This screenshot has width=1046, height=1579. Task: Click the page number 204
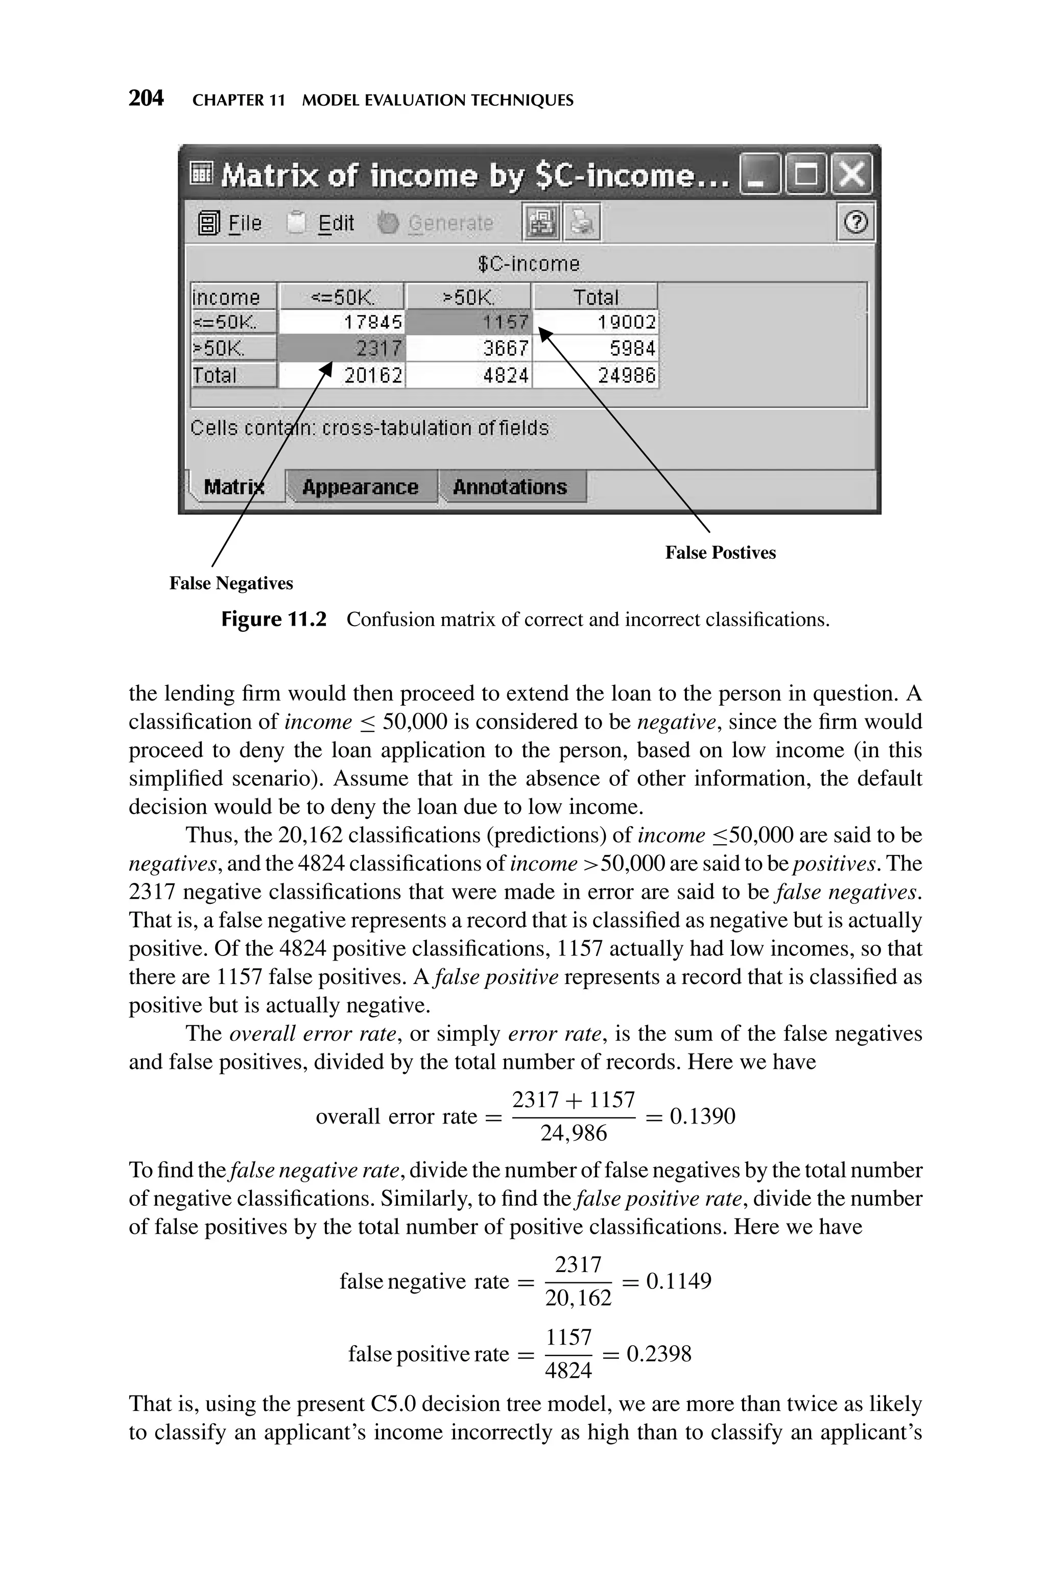click(x=146, y=99)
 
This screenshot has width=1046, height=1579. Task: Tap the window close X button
click(x=853, y=175)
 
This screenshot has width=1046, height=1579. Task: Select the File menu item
click(x=230, y=223)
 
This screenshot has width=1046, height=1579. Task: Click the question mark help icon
click(x=856, y=223)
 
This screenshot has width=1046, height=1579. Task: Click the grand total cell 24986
click(x=595, y=375)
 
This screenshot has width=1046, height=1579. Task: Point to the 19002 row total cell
click(x=595, y=323)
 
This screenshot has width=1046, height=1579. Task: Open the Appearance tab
click(x=360, y=487)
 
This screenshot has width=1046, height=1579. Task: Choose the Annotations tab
click(x=510, y=487)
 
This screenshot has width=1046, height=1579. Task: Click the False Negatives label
click(x=231, y=584)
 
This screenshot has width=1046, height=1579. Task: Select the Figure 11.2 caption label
click(x=274, y=619)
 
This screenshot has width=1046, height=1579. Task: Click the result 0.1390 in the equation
click(x=702, y=1116)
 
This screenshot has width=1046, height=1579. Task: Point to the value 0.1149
click(x=678, y=1281)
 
